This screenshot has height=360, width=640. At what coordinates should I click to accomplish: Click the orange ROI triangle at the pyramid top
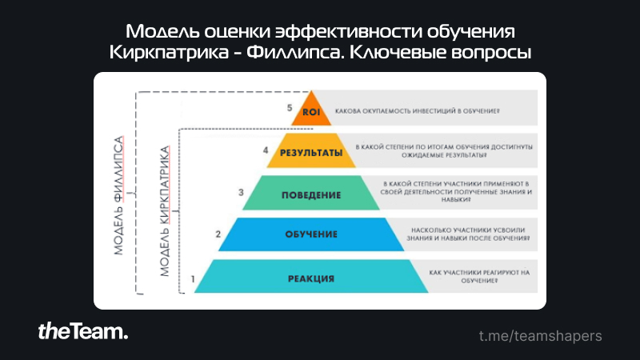(311, 111)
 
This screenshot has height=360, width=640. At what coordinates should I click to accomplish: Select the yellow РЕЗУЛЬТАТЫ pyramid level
(311, 150)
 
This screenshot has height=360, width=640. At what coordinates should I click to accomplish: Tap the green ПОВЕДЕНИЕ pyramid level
(311, 193)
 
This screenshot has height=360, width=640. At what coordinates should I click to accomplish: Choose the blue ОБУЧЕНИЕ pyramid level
(311, 234)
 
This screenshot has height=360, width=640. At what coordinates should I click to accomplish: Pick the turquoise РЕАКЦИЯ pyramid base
(311, 276)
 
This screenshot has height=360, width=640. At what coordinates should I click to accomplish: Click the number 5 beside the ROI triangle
(290, 108)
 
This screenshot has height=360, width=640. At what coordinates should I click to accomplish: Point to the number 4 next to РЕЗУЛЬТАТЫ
(266, 150)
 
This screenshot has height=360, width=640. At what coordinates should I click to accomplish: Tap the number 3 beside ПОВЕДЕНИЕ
(241, 192)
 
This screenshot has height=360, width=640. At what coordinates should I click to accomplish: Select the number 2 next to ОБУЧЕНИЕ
(218, 234)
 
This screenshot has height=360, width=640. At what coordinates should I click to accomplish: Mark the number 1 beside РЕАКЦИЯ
(193, 279)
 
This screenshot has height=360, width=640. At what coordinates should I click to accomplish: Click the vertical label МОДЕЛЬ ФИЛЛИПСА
(118, 195)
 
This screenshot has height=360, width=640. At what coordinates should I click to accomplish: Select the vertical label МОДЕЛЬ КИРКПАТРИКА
(164, 211)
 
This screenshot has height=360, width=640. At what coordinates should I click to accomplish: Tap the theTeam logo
(83, 331)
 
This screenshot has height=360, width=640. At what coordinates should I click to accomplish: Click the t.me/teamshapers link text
(541, 336)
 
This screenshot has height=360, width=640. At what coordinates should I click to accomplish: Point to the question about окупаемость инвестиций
(417, 111)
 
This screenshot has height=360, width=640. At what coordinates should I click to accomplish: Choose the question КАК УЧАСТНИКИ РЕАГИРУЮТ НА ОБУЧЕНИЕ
(479, 276)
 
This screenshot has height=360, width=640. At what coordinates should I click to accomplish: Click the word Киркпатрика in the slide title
(169, 52)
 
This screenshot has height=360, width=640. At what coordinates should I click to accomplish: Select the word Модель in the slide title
(162, 31)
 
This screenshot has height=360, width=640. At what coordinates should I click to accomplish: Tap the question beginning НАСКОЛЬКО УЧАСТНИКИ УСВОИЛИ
(468, 234)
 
